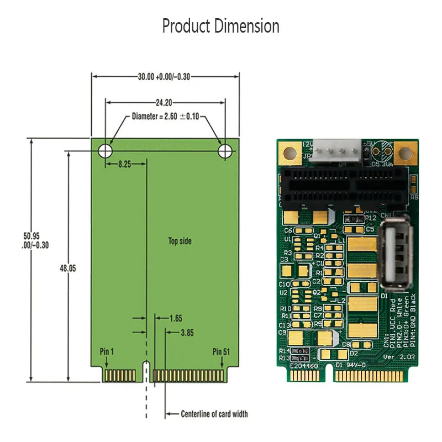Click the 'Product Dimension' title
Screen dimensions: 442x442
220,26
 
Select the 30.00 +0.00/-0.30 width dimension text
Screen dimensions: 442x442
164,77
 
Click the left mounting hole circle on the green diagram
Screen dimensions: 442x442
105,150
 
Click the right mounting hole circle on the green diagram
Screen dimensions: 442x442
225,150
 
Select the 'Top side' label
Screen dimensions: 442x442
180,241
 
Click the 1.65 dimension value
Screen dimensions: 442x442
175,318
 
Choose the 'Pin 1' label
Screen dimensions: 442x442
107,351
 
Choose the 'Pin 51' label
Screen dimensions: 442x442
221,351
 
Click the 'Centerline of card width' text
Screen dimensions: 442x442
214,414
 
